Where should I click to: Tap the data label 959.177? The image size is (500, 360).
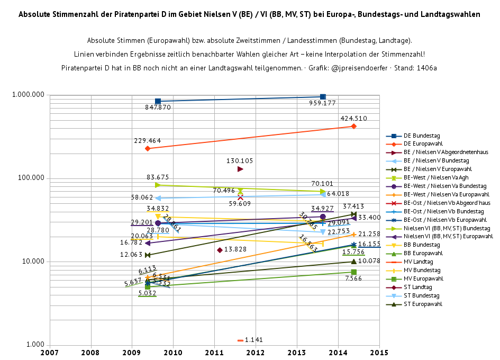click(x=323, y=103)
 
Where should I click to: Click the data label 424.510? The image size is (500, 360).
click(x=354, y=119)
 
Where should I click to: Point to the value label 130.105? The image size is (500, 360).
click(x=240, y=161)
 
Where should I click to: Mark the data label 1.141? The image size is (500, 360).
click(x=254, y=340)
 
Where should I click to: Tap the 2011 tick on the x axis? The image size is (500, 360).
click(x=214, y=352)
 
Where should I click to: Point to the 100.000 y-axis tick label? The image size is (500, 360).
click(x=31, y=178)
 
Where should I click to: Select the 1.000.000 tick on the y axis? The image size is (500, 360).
click(x=28, y=95)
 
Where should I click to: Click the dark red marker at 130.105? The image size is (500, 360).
click(x=240, y=169)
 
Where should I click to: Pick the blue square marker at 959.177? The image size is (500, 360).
click(x=323, y=97)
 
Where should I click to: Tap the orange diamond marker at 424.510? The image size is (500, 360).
click(x=353, y=126)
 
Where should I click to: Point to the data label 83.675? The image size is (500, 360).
click(x=158, y=177)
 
